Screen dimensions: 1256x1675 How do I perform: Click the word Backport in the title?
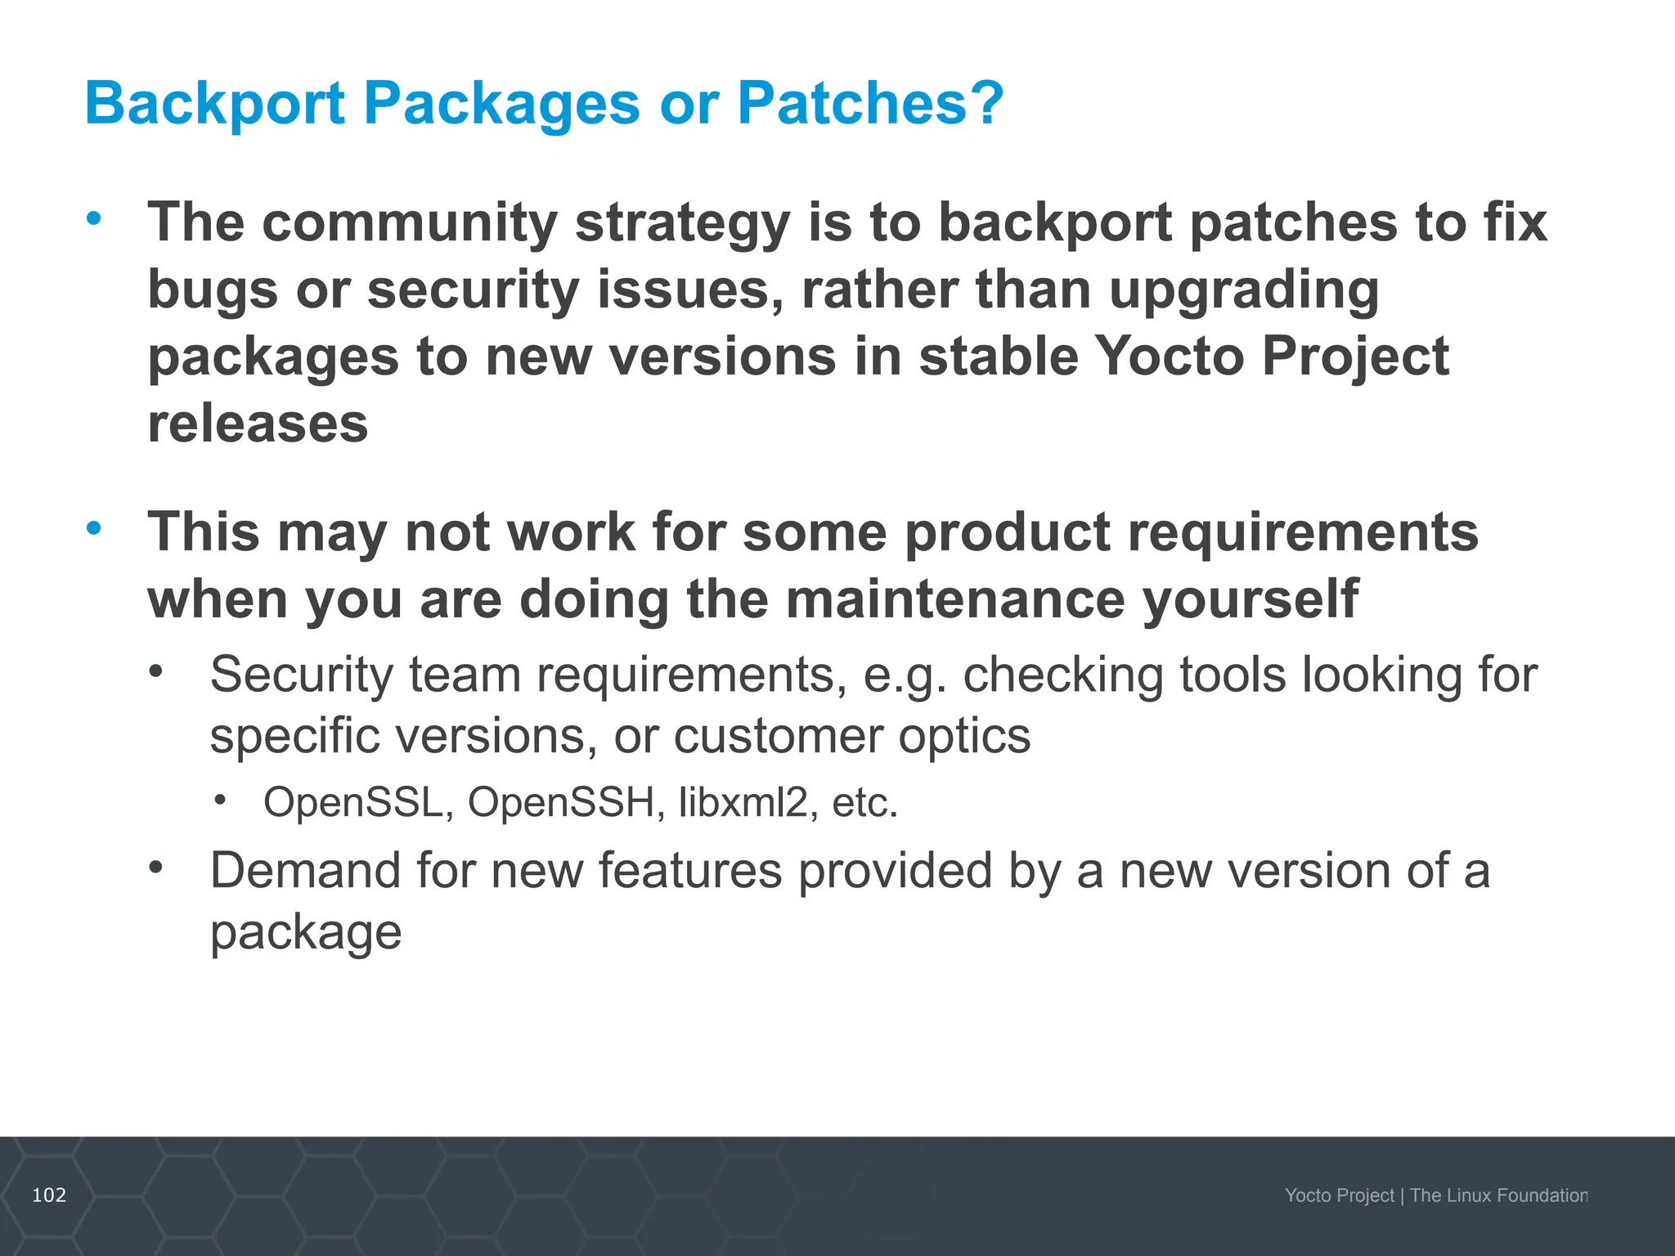tap(214, 105)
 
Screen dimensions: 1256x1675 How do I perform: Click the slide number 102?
tap(49, 1195)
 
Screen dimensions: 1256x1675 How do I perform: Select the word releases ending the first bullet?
tap(258, 424)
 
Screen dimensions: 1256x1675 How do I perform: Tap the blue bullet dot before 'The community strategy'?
tap(94, 218)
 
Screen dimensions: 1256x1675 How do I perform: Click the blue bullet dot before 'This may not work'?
tap(94, 528)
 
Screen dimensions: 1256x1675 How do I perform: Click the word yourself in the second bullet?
tap(1250, 599)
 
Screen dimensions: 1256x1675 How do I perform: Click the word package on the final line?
tap(306, 932)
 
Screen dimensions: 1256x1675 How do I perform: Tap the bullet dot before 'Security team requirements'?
tap(156, 672)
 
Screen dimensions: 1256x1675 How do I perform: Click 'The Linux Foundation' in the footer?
tap(1498, 1195)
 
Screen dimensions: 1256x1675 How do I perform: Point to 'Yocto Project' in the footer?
tap(1339, 1195)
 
